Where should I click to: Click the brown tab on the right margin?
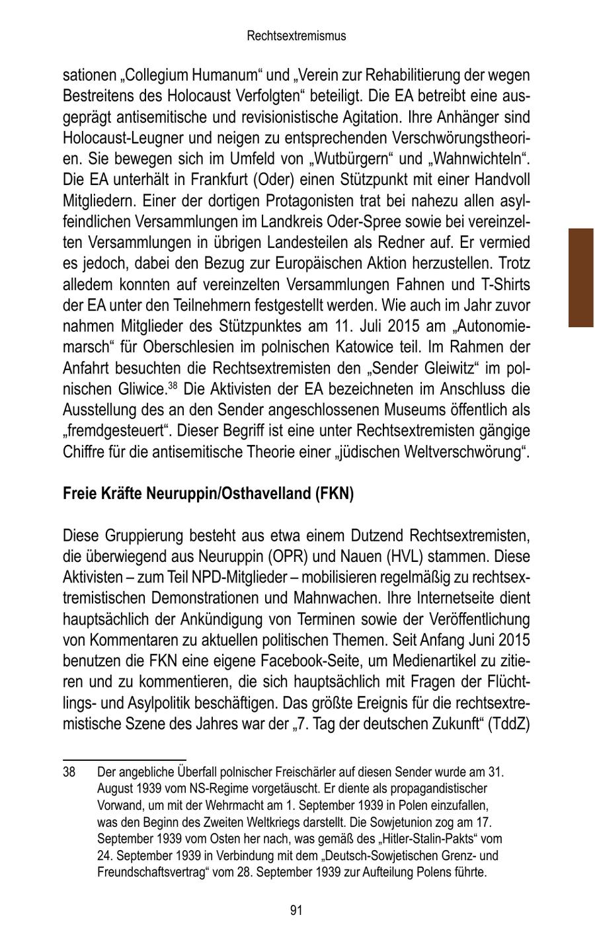click(580, 278)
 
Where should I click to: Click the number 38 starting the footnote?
click(69, 771)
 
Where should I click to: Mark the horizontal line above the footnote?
click(124, 760)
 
